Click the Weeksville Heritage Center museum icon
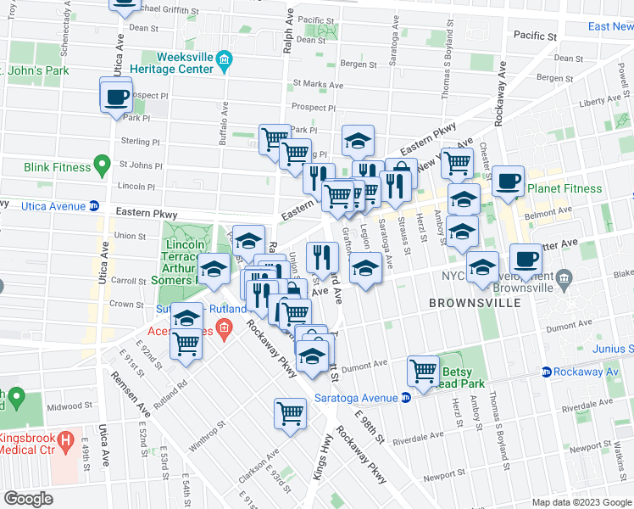224,59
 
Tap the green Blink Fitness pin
102,162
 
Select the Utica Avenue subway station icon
94,206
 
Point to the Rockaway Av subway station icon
547,372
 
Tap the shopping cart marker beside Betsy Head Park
423,370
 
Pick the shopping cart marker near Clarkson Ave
290,414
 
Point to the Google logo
28,498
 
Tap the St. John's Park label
34,71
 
